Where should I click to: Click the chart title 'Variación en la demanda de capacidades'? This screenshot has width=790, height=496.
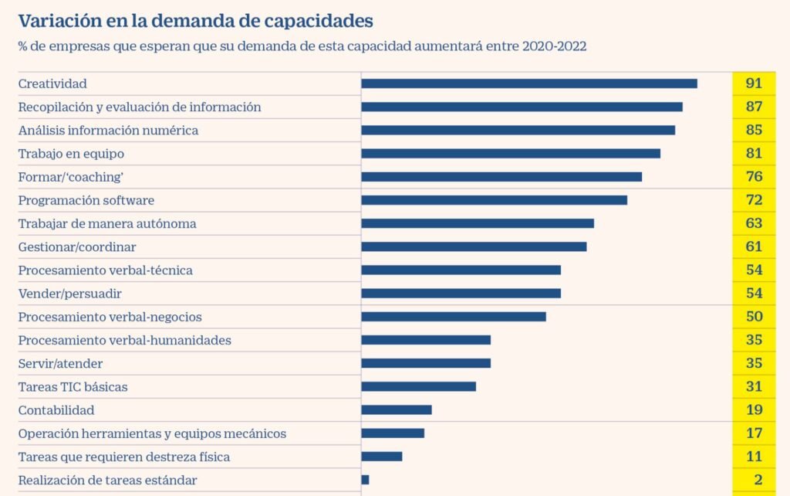tap(196, 20)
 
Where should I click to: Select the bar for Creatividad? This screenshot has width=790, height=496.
tap(528, 83)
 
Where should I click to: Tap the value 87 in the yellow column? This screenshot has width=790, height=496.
tap(754, 107)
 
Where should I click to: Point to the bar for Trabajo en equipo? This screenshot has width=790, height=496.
tap(510, 153)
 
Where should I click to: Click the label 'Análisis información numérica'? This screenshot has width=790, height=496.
tap(108, 131)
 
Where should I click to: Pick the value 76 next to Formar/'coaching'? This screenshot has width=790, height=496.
tap(754, 177)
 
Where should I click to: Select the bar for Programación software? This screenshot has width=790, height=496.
tap(494, 200)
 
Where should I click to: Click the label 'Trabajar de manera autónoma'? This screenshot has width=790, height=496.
tap(107, 224)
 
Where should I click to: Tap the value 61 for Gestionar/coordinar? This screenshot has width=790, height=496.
tap(754, 246)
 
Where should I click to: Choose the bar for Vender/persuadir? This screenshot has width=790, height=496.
tap(461, 294)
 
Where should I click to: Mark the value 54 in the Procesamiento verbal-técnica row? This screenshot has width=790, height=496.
tap(754, 270)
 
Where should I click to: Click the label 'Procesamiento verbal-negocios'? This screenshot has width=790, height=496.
tap(110, 317)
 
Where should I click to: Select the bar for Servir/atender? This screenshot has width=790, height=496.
tap(425, 363)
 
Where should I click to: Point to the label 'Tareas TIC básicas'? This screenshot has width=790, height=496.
tap(73, 386)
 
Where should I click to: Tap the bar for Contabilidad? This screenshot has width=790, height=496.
tap(396, 409)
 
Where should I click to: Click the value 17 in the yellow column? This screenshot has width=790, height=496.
tap(754, 433)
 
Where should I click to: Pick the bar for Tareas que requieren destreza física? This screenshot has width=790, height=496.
tap(381, 457)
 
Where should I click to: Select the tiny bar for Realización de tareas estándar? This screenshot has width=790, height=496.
tap(365, 480)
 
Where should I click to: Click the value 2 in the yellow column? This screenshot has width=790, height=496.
tap(758, 480)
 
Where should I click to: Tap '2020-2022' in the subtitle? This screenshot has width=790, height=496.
tap(554, 46)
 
